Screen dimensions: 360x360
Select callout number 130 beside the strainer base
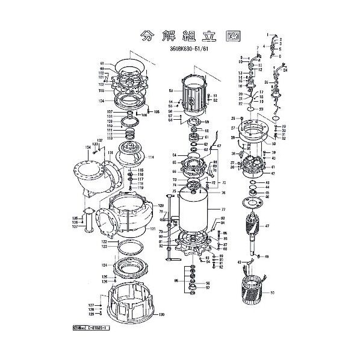tap(161, 315)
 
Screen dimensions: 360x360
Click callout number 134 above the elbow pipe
tap(88, 146)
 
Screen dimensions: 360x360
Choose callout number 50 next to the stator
tap(272, 293)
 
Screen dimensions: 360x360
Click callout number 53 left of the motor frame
tap(171, 90)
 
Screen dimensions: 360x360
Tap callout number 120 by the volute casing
tap(161, 206)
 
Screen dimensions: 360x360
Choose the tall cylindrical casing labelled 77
tap(194, 214)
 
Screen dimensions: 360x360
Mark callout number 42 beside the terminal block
tap(272, 173)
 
